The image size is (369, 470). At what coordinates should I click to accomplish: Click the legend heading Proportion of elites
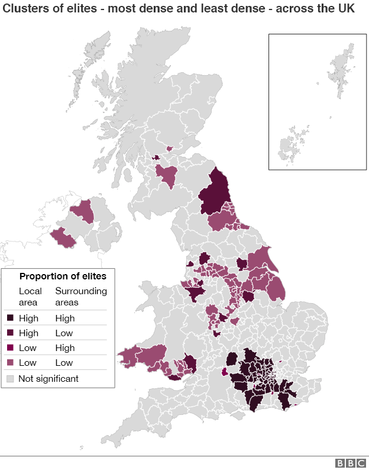(63, 276)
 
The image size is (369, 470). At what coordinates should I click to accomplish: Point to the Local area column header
(30, 297)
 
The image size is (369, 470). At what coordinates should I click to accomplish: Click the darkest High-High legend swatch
(9, 318)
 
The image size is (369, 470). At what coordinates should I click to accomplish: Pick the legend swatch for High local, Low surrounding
(9, 333)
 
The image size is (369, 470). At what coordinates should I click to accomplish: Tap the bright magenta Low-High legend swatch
(9, 348)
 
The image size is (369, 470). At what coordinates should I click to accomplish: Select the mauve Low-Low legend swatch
(9, 363)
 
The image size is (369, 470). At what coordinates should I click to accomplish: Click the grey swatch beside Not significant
(9, 378)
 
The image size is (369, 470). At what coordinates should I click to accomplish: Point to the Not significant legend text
(48, 378)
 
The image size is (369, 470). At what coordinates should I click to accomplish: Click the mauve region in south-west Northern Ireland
(63, 237)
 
